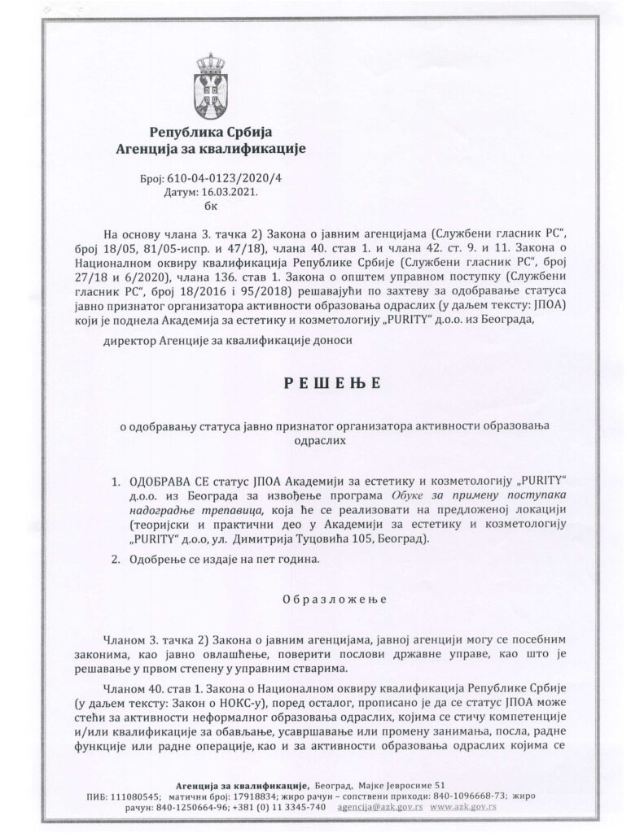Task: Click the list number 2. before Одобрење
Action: coord(116,560)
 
